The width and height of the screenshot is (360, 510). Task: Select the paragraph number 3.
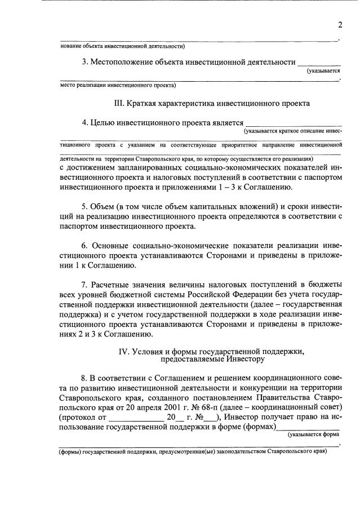coord(85,62)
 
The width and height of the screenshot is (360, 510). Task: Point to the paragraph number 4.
coord(85,122)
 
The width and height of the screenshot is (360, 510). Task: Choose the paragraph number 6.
coord(85,245)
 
